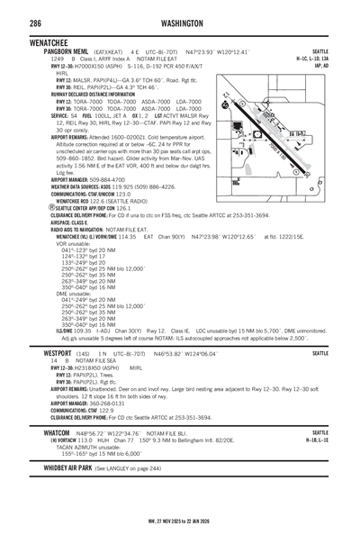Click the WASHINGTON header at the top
tap(185, 22)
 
